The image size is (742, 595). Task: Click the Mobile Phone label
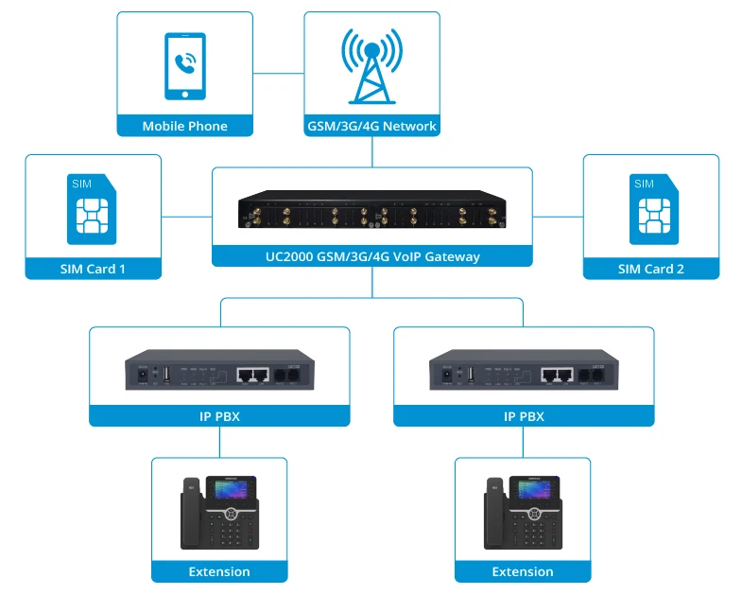185,126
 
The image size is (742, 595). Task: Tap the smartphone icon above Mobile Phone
185,66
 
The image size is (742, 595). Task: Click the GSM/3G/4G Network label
371,126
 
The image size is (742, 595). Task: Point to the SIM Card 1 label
93,269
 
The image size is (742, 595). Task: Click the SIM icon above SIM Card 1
93,209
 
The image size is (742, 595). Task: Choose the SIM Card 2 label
651,269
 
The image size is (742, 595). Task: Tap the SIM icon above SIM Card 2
650,209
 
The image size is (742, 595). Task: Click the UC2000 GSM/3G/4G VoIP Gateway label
371,256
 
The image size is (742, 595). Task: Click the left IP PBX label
219,416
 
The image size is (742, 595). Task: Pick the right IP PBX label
524,416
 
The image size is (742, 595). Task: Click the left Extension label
219,571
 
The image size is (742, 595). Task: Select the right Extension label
523,571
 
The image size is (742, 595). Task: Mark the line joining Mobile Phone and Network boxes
279,72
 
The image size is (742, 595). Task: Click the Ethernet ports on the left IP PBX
250,375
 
